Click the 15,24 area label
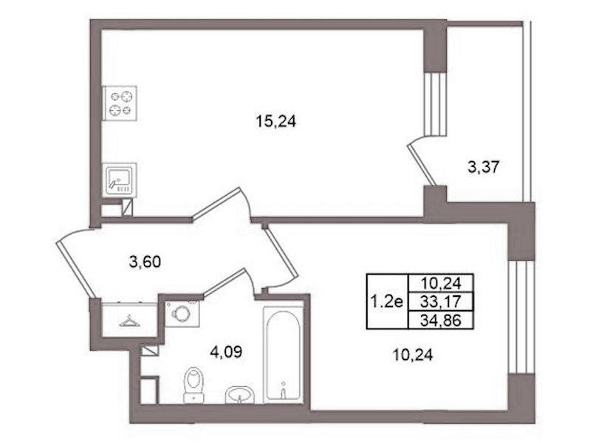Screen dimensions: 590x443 click(x=276, y=122)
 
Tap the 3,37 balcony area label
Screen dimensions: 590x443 click(x=483, y=167)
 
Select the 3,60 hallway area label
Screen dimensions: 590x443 click(x=145, y=261)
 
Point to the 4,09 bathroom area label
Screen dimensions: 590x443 click(x=226, y=352)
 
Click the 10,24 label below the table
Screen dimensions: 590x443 click(x=412, y=355)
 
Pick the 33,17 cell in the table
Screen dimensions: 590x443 click(x=442, y=301)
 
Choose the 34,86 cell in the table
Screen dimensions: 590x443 click(x=442, y=320)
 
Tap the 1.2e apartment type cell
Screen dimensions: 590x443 click(x=387, y=301)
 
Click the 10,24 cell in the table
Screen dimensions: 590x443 click(x=442, y=283)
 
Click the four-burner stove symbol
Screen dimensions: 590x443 click(x=120, y=103)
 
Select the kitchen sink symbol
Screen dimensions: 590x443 click(x=120, y=180)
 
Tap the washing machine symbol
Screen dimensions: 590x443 click(x=182, y=314)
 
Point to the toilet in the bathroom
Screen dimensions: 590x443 click(x=193, y=384)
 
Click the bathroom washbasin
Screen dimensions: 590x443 click(x=240, y=395)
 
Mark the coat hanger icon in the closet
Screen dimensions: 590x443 click(x=129, y=321)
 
